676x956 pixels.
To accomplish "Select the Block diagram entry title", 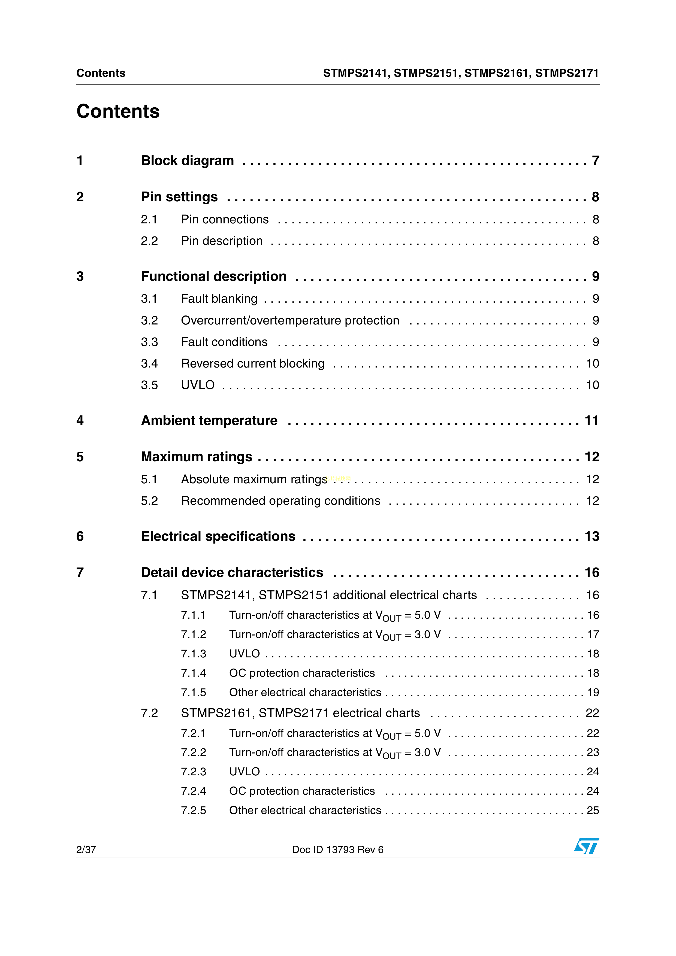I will click(x=188, y=161).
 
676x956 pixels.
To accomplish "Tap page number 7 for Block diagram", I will click(x=595, y=161).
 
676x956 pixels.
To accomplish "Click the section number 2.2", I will click(x=149, y=241).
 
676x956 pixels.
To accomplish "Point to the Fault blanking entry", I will click(x=219, y=299).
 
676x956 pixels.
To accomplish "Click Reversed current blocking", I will click(x=252, y=363).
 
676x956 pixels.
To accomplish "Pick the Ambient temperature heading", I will click(x=209, y=421).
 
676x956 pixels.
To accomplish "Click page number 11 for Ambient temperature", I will click(x=591, y=421).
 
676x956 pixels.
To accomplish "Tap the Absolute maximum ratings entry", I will click(x=254, y=479).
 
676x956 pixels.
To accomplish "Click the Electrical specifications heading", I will click(x=218, y=536).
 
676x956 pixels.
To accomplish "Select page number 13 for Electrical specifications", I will click(x=591, y=536).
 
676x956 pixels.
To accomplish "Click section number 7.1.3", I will click(x=193, y=654).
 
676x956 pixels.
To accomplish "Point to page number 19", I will click(x=593, y=693).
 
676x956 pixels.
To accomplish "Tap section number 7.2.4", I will click(x=193, y=791).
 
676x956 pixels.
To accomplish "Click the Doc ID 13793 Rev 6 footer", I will click(x=337, y=850).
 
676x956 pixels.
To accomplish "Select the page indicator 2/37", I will click(x=86, y=850).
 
